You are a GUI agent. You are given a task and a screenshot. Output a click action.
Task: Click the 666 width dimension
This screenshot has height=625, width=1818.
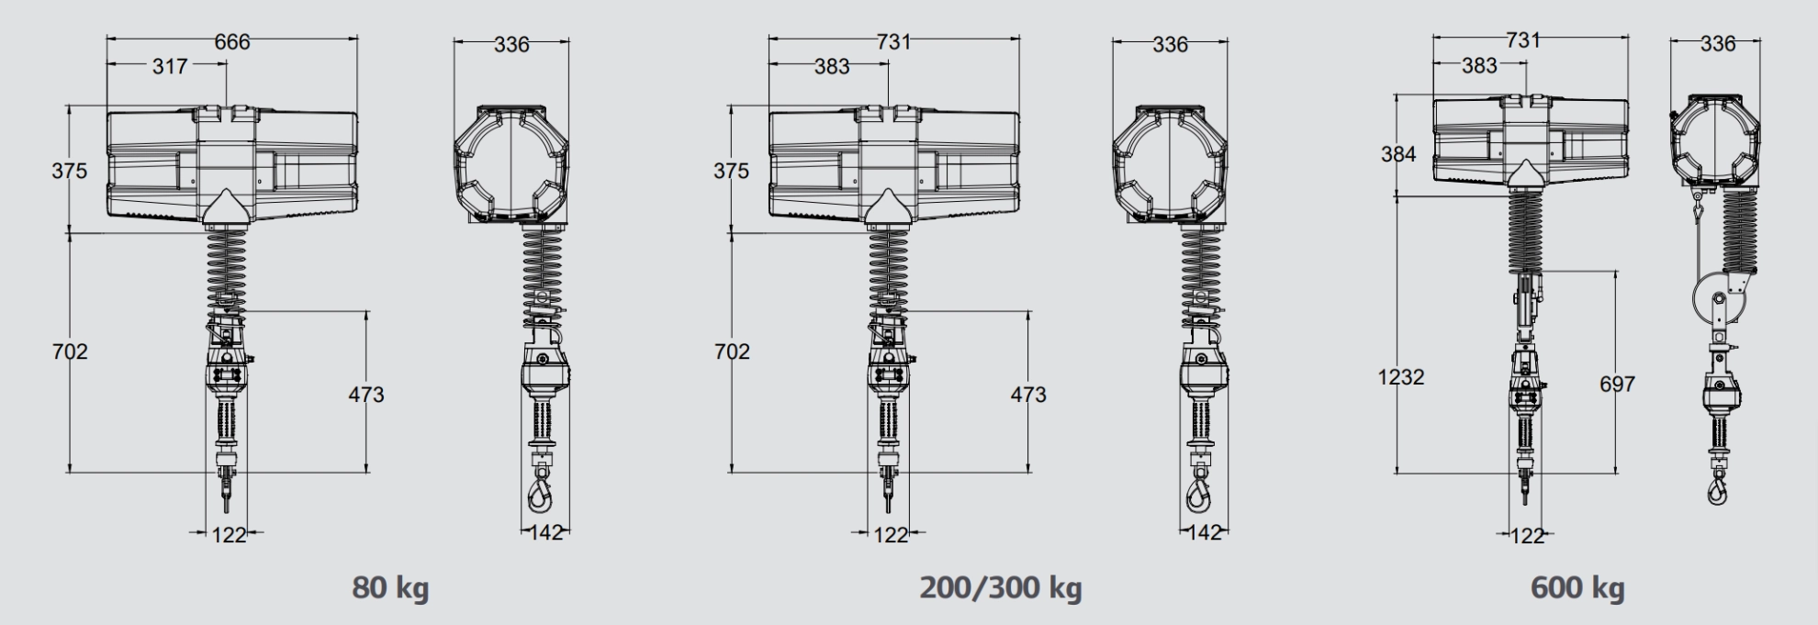[231, 41]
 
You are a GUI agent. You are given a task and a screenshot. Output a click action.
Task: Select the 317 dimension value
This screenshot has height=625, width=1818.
[170, 66]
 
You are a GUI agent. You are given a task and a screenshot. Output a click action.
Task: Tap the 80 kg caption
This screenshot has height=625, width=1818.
[390, 587]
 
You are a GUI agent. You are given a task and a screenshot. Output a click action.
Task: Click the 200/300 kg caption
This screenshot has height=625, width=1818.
[1001, 587]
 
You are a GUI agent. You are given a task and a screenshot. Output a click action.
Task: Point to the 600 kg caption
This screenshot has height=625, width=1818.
[1577, 587]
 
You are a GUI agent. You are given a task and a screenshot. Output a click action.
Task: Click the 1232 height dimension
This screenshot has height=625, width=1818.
[1400, 376]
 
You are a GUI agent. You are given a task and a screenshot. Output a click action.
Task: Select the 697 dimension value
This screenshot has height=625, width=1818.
[1617, 384]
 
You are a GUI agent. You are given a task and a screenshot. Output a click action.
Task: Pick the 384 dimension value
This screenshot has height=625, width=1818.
[1398, 154]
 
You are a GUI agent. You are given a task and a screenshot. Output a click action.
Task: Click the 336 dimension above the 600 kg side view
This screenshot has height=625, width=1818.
[1717, 43]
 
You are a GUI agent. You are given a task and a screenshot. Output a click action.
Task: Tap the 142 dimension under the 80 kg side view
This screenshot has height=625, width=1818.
[546, 532]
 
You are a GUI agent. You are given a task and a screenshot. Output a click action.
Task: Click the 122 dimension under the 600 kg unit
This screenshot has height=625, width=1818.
[1527, 536]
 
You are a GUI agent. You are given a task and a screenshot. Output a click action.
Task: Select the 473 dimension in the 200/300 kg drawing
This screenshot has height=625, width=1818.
[1027, 395]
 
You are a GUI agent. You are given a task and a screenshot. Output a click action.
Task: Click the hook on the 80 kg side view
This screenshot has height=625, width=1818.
[540, 495]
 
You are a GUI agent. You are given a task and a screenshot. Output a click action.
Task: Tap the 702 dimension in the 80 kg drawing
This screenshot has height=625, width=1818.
[70, 352]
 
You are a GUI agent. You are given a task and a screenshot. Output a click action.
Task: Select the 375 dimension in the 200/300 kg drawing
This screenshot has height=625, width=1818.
[731, 171]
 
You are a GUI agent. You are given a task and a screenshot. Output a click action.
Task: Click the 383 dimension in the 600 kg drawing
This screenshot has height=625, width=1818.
[1478, 66]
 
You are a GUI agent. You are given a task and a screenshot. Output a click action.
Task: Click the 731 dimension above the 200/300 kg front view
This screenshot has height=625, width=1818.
[892, 41]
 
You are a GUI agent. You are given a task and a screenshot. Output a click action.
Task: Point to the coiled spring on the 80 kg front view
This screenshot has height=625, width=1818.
[227, 262]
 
